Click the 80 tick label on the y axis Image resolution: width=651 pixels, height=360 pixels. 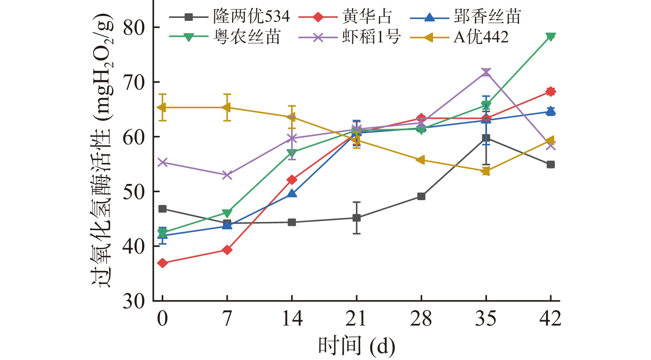point(134,28)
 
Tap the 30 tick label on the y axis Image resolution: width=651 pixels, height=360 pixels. point(134,301)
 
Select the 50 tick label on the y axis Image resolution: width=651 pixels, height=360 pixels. point(134,192)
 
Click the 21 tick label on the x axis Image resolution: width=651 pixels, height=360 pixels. point(356,319)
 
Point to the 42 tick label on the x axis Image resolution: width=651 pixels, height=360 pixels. point(550,319)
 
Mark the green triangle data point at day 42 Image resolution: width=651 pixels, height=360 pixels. point(550,37)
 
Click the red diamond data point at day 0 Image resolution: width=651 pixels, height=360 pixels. point(163,263)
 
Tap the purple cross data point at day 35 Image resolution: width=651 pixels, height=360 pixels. point(486,72)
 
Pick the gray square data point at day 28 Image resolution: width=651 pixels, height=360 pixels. point(421,196)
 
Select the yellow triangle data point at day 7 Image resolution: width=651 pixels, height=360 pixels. point(227,107)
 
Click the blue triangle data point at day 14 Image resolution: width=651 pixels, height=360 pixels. point(292,193)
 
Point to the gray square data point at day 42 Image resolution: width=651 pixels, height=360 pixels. point(550,165)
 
